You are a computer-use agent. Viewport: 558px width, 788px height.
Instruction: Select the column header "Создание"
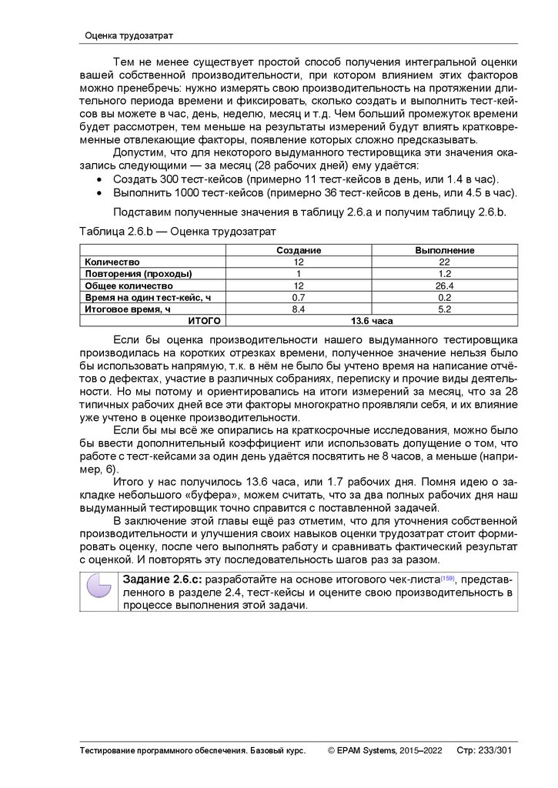(x=299, y=251)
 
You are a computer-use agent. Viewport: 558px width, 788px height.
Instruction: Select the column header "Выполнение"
(x=445, y=251)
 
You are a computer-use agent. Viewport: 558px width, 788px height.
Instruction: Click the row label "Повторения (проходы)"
(x=139, y=273)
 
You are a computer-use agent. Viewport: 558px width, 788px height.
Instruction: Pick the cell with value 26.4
(x=445, y=285)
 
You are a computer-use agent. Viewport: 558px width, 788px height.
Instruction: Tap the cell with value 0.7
(x=299, y=296)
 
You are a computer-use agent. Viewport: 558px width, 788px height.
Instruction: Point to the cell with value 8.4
(x=299, y=308)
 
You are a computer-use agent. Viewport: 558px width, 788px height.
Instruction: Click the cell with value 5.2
(x=445, y=308)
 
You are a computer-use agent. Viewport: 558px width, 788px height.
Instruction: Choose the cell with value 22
(x=445, y=262)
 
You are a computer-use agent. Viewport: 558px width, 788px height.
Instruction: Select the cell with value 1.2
(x=445, y=273)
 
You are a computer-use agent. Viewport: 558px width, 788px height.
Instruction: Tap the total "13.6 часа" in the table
(x=372, y=319)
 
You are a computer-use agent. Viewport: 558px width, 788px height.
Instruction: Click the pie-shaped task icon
(x=99, y=591)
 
